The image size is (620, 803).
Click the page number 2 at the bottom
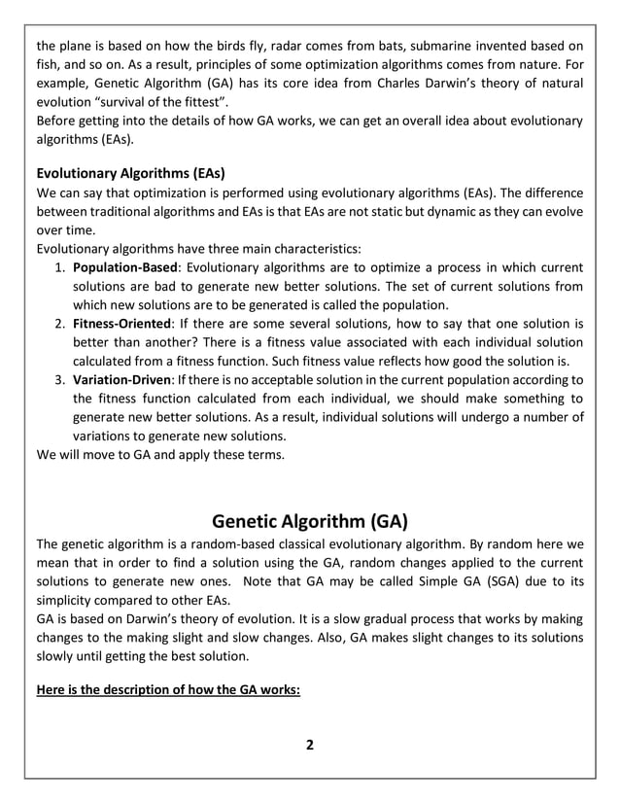(310, 746)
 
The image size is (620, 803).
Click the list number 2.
(59, 324)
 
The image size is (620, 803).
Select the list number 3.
(59, 380)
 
